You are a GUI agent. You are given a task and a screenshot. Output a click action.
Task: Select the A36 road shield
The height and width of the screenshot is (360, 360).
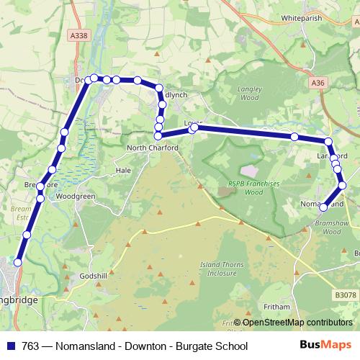click(x=319, y=84)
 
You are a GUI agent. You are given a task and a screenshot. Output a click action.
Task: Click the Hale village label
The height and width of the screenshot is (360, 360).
click(x=122, y=171)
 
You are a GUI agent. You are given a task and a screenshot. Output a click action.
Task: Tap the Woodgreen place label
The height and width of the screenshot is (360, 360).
click(x=76, y=196)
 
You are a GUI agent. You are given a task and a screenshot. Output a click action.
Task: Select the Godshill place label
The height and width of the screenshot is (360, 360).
click(x=94, y=276)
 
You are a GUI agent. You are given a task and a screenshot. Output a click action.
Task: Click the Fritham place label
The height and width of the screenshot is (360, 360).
click(x=276, y=307)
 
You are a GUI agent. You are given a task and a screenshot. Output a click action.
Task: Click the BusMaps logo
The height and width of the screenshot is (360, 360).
click(x=327, y=346)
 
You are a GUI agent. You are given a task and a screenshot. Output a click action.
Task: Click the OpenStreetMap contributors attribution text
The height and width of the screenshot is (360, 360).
click(x=297, y=323)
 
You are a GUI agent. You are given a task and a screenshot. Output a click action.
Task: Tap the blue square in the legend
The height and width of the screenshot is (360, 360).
click(x=9, y=346)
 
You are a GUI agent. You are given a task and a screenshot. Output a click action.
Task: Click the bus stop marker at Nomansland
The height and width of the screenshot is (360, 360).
click(x=323, y=207)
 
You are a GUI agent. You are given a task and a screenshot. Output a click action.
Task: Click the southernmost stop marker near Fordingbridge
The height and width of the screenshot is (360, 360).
click(x=18, y=263)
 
